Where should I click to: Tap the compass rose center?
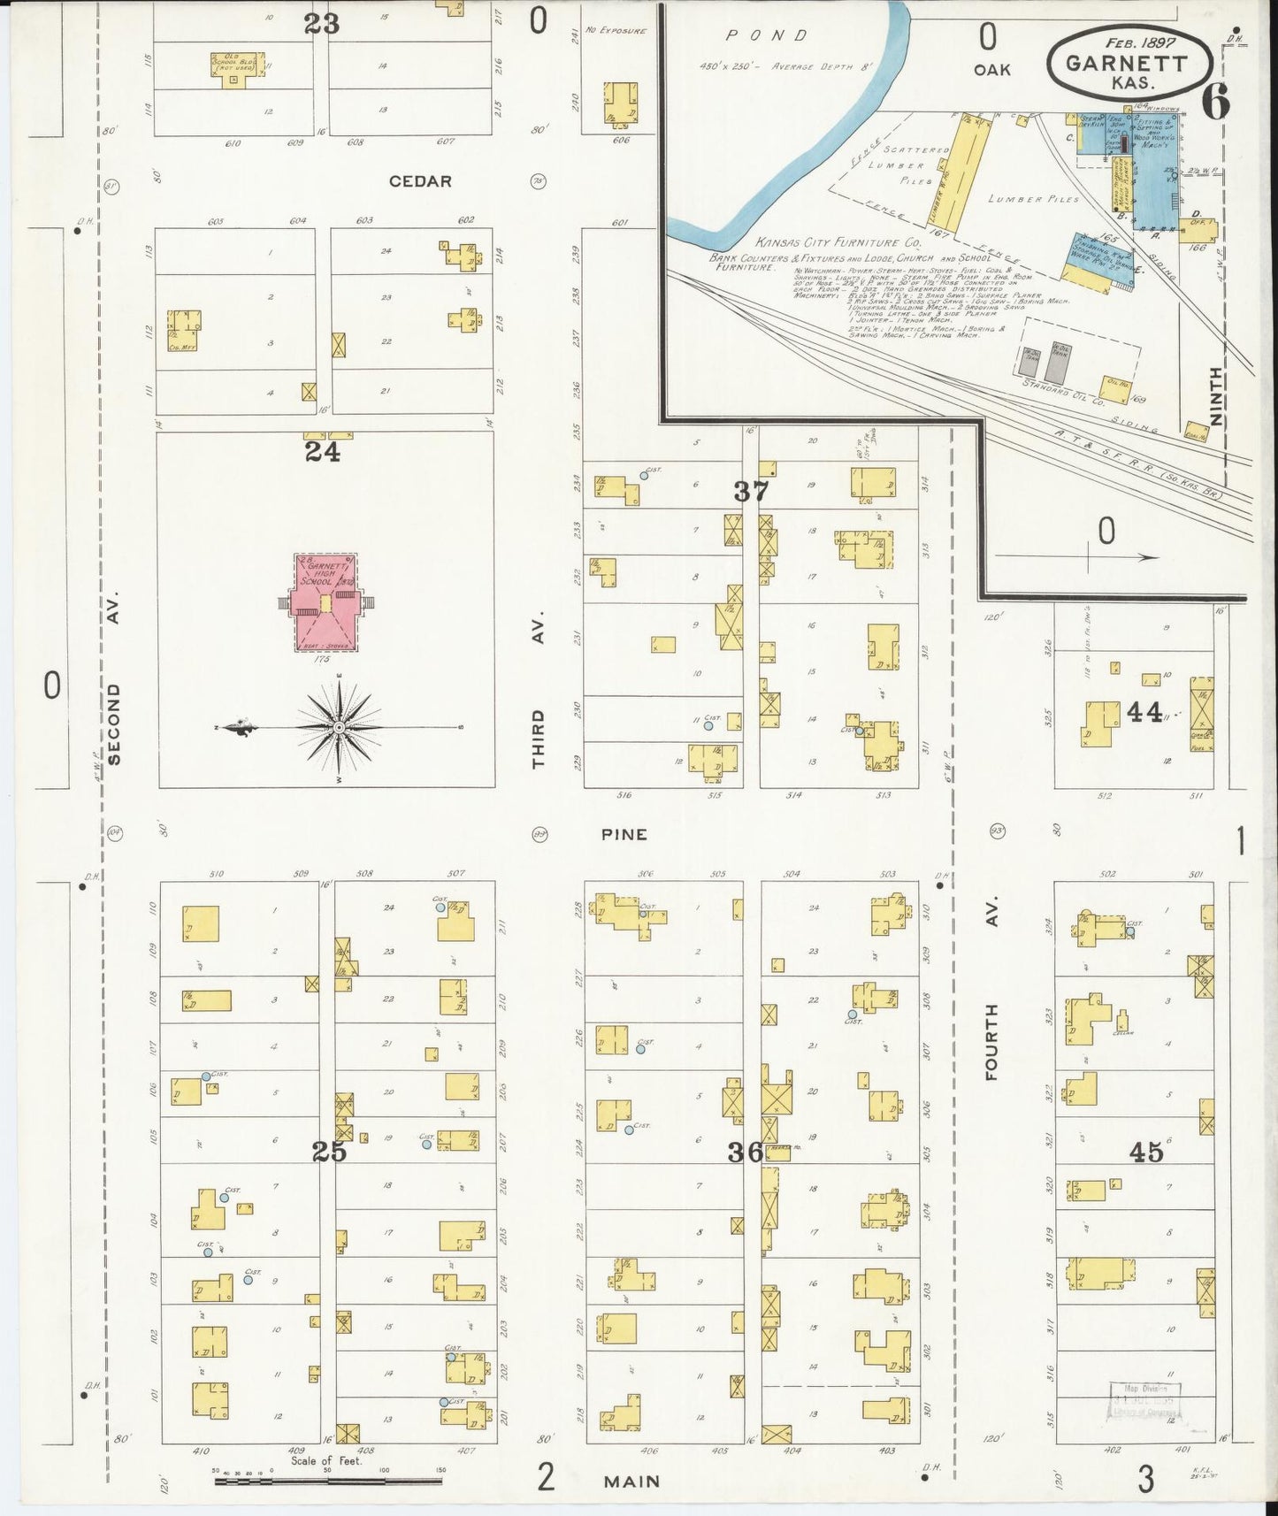click(339, 727)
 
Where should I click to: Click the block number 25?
click(329, 1152)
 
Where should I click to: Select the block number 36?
click(746, 1152)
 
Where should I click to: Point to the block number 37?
click(751, 491)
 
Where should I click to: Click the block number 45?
click(1145, 1152)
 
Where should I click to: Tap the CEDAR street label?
click(420, 181)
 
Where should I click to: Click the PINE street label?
click(625, 834)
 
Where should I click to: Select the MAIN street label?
click(633, 1480)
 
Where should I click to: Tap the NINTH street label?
click(1217, 395)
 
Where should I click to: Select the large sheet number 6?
click(1216, 103)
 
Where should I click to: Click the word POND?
click(766, 36)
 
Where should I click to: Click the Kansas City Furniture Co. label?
click(838, 241)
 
